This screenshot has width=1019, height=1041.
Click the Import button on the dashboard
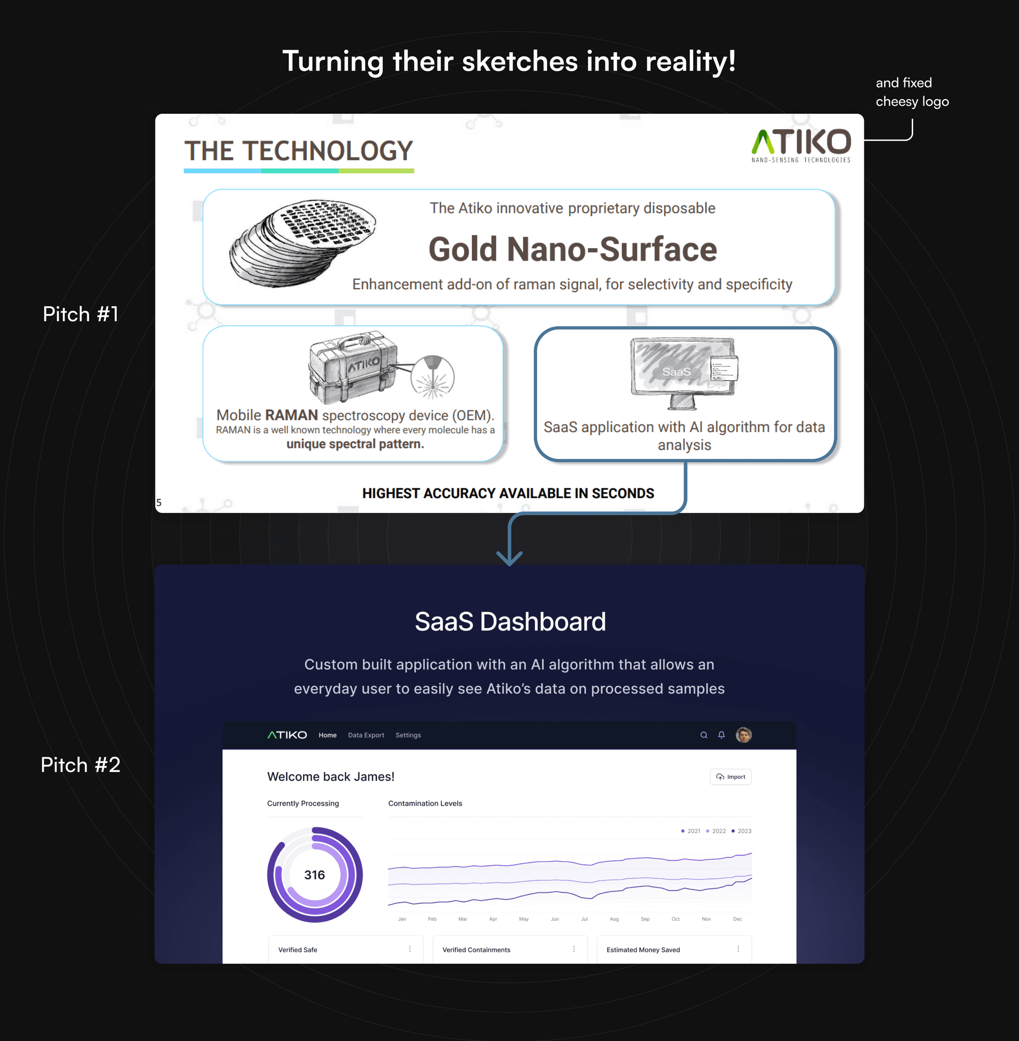click(x=731, y=777)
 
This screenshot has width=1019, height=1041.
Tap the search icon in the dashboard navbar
click(x=704, y=735)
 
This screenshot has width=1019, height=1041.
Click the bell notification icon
click(x=722, y=735)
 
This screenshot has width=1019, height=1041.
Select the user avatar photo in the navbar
click(x=744, y=735)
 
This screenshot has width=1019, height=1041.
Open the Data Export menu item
click(x=366, y=735)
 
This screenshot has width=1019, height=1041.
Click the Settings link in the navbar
click(x=408, y=735)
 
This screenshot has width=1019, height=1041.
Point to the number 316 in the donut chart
click(x=315, y=875)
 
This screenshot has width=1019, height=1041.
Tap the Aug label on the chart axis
click(x=614, y=919)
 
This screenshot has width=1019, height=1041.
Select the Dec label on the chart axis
click(x=737, y=919)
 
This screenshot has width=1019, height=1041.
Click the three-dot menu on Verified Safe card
click(x=410, y=949)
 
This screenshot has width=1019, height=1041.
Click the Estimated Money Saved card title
click(x=643, y=950)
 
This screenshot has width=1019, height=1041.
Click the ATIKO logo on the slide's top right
click(x=801, y=145)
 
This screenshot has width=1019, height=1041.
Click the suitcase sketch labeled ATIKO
click(x=353, y=368)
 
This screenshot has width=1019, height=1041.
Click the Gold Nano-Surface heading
click(x=572, y=249)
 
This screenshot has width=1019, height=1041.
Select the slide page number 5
click(x=159, y=502)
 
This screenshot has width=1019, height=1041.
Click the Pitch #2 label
click(x=80, y=765)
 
